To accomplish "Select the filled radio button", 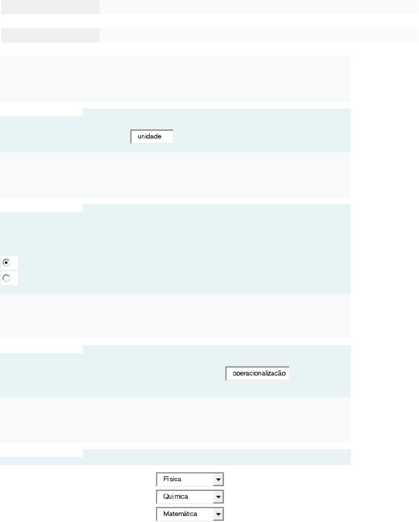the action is pyautogui.click(x=7, y=263).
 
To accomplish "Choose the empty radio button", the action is pyautogui.click(x=7, y=278).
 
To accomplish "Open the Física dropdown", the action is pyautogui.click(x=190, y=479).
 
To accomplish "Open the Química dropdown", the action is pyautogui.click(x=190, y=497).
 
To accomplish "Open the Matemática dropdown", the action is pyautogui.click(x=190, y=514).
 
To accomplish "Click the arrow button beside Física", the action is pyautogui.click(x=219, y=479).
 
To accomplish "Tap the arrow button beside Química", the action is pyautogui.click(x=219, y=497).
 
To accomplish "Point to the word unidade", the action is pyautogui.click(x=149, y=136).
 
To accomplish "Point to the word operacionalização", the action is pyautogui.click(x=259, y=373).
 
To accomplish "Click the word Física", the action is pyautogui.click(x=172, y=479).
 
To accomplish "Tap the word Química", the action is pyautogui.click(x=176, y=496).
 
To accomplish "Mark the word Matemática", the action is pyautogui.click(x=180, y=513).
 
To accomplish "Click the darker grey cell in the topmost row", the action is pyautogui.click(x=50, y=7).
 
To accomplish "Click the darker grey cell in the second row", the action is pyautogui.click(x=50, y=35).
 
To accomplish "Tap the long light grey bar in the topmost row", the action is pyautogui.click(x=259, y=7).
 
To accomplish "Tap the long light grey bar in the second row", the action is pyautogui.click(x=259, y=35).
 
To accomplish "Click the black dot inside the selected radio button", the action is pyautogui.click(x=7, y=263).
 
